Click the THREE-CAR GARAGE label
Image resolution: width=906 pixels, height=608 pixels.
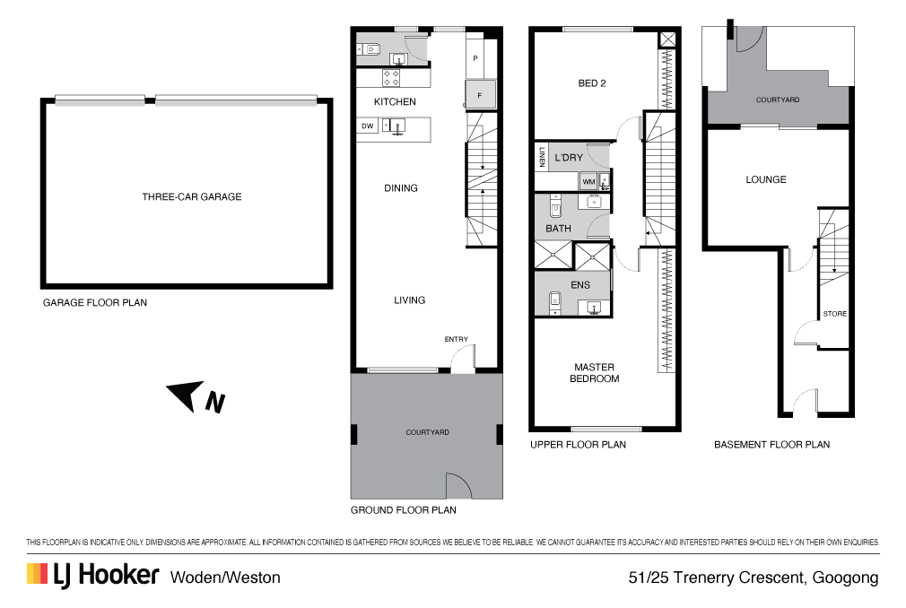click(191, 197)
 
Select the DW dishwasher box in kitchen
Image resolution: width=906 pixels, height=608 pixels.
click(367, 126)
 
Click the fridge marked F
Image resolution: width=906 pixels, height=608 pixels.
click(479, 94)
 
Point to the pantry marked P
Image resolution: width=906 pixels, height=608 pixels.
click(475, 58)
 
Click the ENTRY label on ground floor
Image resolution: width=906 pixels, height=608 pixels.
click(456, 339)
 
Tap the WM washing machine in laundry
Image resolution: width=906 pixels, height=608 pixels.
click(588, 182)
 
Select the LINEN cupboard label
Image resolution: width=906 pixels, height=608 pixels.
click(542, 159)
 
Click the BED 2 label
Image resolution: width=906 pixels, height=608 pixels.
click(591, 84)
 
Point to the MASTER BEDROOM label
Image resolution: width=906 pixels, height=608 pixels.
click(596, 372)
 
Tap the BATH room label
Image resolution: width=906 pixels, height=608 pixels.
click(558, 229)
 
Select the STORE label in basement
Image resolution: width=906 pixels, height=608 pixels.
click(834, 315)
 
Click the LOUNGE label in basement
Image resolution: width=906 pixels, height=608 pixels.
click(765, 180)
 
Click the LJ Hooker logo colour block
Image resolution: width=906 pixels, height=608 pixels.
click(37, 575)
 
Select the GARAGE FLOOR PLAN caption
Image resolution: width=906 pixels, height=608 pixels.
click(95, 303)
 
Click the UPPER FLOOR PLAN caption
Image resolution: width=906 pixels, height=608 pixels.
click(578, 445)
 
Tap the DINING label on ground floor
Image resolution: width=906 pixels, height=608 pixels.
click(400, 188)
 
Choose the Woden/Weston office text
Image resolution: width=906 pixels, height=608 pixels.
click(225, 578)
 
